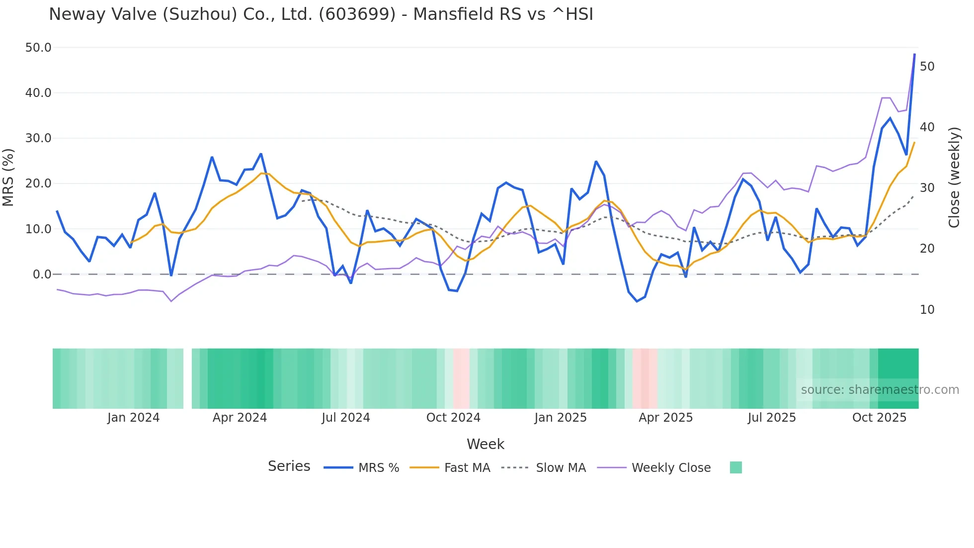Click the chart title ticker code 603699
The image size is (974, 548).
point(357,14)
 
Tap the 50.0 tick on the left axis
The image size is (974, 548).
point(38,48)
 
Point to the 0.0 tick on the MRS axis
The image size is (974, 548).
point(42,274)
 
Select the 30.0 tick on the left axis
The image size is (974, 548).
point(38,138)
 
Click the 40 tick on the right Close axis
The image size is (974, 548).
point(927,127)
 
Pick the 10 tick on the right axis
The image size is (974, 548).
point(927,310)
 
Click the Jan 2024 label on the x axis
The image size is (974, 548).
point(133,418)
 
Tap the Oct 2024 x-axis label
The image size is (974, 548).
point(453,418)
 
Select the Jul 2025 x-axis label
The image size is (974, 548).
point(771,418)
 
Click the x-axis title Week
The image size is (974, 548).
point(485,444)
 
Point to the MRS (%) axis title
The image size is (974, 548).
point(8,177)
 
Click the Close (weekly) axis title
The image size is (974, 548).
point(954,178)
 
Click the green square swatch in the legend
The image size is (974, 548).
point(735,467)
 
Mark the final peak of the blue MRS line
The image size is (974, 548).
point(914,54)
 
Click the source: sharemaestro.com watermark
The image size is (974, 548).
point(880,390)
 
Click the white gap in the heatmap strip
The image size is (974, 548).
point(187,378)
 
